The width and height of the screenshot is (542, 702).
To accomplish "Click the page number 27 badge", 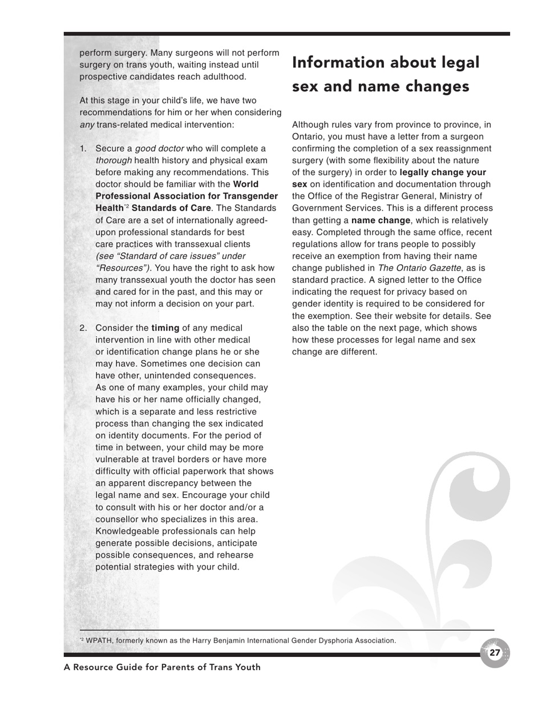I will point(495,653).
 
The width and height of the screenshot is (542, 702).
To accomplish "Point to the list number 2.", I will point(83,328).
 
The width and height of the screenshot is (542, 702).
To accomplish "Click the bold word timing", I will point(165,328).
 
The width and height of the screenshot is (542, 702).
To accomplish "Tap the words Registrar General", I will point(407,196).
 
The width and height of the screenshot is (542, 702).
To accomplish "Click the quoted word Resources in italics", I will point(122,268).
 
